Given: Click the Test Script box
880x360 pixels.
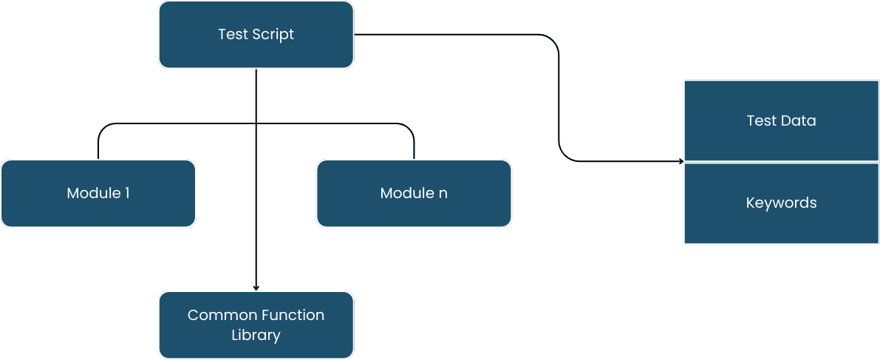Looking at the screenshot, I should coord(256,35).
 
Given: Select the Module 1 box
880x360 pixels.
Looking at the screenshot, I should coord(98,194).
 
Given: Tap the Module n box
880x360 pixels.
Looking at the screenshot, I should coord(414,194).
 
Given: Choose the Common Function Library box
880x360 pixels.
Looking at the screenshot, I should coord(256,325).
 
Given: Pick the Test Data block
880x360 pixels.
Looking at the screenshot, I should coord(781,120).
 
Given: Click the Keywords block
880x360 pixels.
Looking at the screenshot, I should coord(781,203).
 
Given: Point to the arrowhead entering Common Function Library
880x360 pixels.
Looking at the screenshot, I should coord(256,288).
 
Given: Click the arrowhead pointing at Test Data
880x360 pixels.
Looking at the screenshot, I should coord(680,161).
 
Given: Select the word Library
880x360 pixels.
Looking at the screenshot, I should coord(256,336).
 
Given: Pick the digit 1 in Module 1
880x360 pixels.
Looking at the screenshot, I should coord(127,194).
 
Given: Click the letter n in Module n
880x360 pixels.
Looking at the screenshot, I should coord(443,194).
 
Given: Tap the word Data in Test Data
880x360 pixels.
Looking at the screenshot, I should coord(799,120).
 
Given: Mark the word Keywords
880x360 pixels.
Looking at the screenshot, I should coord(781,203).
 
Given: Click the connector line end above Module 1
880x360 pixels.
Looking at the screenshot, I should coord(98,157).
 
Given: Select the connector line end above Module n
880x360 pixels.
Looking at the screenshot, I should coord(414,157).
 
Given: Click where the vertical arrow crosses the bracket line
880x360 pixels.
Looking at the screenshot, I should coord(256,123).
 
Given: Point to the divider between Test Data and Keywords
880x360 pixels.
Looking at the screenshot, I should coord(781,162).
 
